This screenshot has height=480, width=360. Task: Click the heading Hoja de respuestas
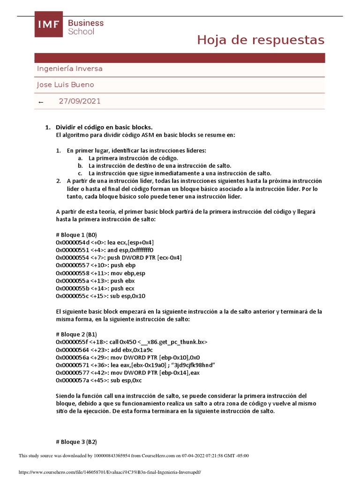point(260,40)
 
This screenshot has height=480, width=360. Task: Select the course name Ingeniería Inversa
point(69,69)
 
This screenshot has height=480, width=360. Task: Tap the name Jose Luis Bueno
point(65,85)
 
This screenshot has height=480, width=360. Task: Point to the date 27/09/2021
point(79,101)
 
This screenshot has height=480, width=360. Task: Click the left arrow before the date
point(41,102)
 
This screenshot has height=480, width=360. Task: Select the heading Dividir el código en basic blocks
point(104,127)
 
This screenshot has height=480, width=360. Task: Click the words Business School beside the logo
point(86,27)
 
